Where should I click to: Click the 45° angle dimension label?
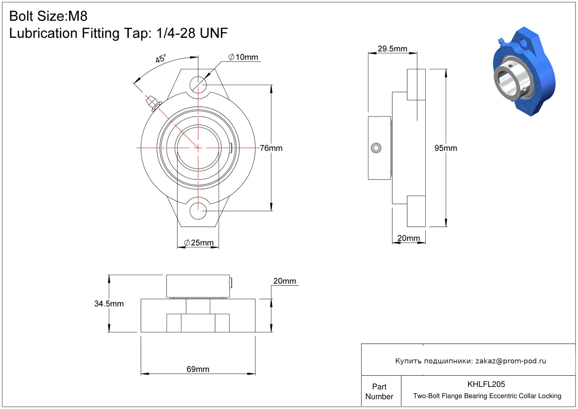tap(160, 59)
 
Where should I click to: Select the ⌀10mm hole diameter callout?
tap(243, 57)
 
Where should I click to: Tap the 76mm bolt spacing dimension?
tap(271, 148)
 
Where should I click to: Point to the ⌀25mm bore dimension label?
tap(199, 243)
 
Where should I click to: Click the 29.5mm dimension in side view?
tap(392, 49)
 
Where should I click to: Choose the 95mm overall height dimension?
tap(446, 148)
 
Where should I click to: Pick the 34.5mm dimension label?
tap(109, 304)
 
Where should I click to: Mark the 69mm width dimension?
tap(198, 369)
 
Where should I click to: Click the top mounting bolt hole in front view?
tap(198, 85)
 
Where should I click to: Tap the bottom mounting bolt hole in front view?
tap(198, 211)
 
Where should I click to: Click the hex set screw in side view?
tap(376, 148)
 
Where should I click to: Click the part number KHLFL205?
tap(486, 384)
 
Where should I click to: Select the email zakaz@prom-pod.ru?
tap(511, 361)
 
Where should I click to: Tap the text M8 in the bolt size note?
tap(78, 16)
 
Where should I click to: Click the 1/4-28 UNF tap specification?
tap(192, 33)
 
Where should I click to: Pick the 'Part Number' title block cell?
tap(379, 391)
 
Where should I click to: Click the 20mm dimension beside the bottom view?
tap(285, 281)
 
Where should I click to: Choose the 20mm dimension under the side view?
tap(408, 238)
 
